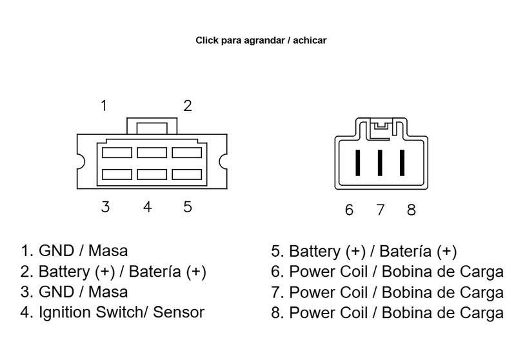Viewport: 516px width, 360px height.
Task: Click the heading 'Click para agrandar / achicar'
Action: tap(261, 40)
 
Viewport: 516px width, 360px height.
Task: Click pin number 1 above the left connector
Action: tap(104, 106)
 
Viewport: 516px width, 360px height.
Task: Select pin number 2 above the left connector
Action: tap(187, 106)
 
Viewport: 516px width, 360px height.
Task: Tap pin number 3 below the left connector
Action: tap(105, 206)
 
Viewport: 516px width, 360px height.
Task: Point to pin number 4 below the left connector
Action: tap(148, 206)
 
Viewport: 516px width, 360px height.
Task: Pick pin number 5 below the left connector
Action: tap(187, 206)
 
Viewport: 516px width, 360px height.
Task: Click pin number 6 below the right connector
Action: tap(349, 210)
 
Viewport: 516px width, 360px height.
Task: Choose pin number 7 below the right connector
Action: tap(381, 210)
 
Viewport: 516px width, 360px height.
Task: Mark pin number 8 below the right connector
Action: tap(412, 210)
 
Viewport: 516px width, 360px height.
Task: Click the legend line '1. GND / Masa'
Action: tap(74, 250)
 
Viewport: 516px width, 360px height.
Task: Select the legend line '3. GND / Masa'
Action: tap(74, 292)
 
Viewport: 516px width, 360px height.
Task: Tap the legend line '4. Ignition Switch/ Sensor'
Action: tap(112, 313)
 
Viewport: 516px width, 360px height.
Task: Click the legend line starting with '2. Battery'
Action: tap(114, 271)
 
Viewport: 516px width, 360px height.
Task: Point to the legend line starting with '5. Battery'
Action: tap(364, 250)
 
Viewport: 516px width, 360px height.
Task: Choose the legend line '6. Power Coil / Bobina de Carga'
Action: tap(387, 271)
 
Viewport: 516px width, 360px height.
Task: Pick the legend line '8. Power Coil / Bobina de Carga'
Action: tap(387, 313)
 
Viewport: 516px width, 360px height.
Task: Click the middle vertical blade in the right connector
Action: tap(380, 161)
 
